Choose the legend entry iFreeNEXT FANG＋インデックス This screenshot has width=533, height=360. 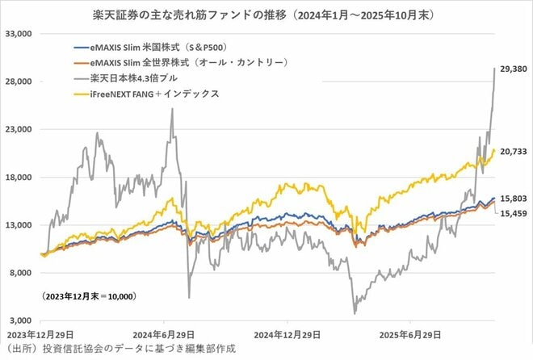tap(150, 94)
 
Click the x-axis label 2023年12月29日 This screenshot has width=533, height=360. tap(41, 334)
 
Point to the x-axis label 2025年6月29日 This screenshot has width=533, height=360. tap(411, 334)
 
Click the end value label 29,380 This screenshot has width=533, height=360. tap(514, 69)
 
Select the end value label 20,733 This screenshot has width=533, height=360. tap(514, 150)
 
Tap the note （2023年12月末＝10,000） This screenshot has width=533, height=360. tap(87, 297)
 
